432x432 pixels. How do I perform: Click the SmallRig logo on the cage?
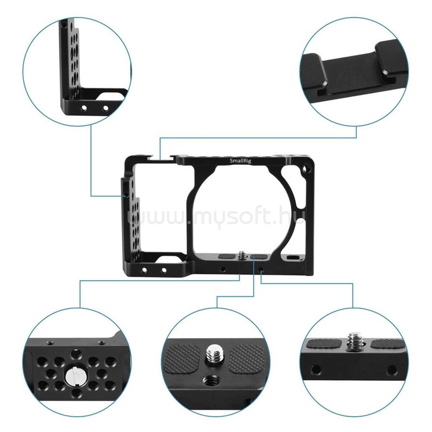(240, 161)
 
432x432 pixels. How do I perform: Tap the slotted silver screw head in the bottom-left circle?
(74, 376)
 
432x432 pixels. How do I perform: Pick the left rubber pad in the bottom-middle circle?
(183, 360)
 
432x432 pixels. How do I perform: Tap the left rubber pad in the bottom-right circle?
(324, 344)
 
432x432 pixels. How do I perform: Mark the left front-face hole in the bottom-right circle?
(315, 370)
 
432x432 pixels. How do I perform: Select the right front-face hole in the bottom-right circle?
(391, 370)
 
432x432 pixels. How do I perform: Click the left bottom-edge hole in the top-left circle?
(84, 108)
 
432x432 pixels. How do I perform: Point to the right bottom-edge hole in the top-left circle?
(105, 108)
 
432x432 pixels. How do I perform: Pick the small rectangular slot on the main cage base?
(291, 257)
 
